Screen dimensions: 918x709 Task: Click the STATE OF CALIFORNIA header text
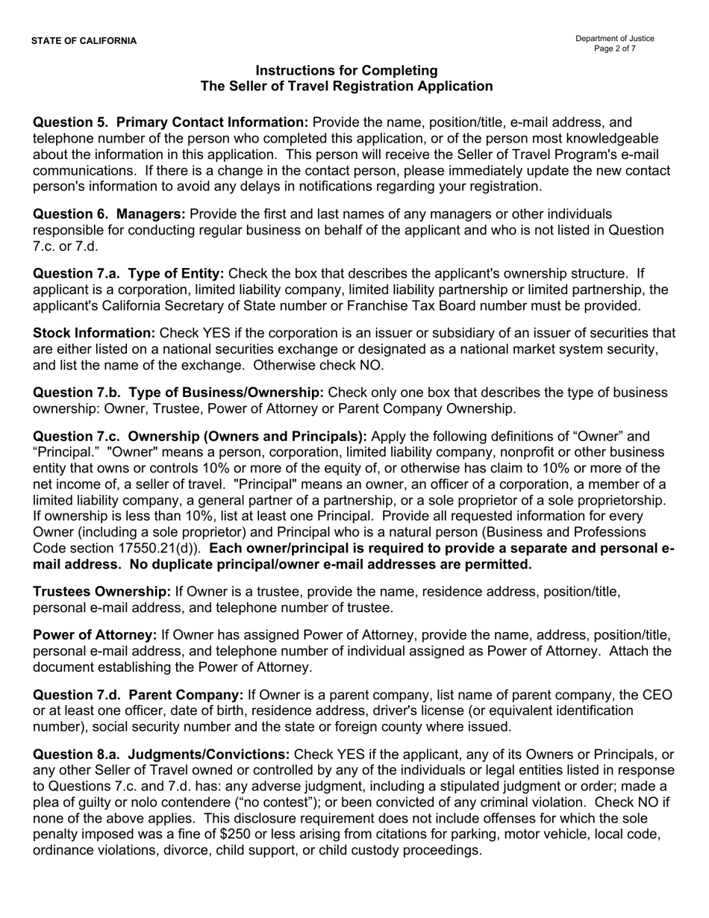pos(84,41)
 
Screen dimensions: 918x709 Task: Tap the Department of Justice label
pos(614,39)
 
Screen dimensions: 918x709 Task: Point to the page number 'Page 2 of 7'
pos(614,49)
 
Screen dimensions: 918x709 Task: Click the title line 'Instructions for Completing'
pos(346,70)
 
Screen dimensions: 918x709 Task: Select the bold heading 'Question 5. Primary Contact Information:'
pos(170,122)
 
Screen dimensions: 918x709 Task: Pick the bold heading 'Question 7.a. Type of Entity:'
pos(128,273)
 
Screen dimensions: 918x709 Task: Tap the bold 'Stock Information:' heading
pos(94,333)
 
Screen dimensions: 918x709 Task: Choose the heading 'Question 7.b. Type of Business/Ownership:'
pos(178,393)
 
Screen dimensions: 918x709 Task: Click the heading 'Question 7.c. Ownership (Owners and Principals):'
pos(200,437)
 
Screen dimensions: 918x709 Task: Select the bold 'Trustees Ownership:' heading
pos(101,592)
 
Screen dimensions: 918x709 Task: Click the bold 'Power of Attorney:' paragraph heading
pos(95,635)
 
